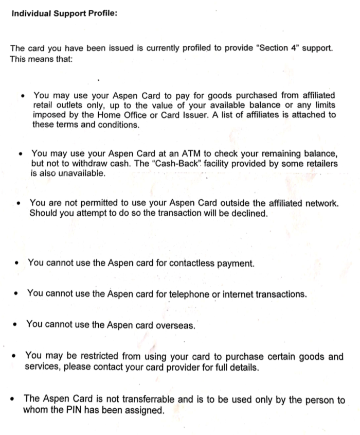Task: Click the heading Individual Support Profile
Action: (64, 13)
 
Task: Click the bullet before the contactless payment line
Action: (17, 264)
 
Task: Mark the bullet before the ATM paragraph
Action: (20, 154)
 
